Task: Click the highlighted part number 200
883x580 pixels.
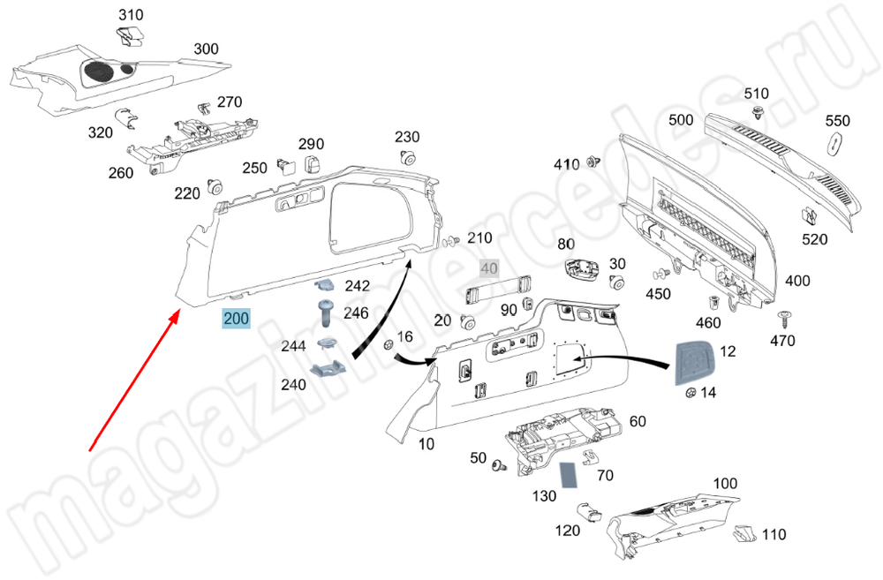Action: point(236,319)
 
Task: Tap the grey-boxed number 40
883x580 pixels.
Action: point(488,268)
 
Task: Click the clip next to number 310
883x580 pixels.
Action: point(132,36)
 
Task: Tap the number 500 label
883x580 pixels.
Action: point(681,119)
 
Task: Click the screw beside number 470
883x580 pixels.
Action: point(782,318)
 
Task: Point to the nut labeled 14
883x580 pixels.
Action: point(685,392)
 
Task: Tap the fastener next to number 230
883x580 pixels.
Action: point(407,159)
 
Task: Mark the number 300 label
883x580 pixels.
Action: point(206,49)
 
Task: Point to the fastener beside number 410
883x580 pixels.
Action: point(594,162)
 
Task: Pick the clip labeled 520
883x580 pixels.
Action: point(808,217)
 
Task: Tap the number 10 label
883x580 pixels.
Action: point(426,444)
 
